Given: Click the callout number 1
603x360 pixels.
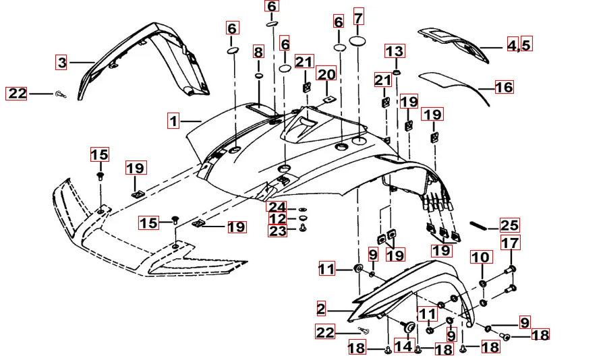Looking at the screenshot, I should [x=173, y=121].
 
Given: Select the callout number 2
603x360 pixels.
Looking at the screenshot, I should [x=321, y=309].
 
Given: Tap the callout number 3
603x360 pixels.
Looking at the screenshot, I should [x=62, y=63].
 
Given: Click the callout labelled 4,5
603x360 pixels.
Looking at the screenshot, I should [x=519, y=45].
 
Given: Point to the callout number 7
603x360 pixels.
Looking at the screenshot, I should [x=358, y=18].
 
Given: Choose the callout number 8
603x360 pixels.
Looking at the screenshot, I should [x=258, y=52].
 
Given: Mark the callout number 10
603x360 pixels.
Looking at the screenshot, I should [x=482, y=257].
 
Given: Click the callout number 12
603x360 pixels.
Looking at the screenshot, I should [x=278, y=219].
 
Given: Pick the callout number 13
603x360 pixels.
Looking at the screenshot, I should [x=395, y=51].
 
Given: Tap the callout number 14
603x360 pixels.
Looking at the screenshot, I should [x=403, y=347].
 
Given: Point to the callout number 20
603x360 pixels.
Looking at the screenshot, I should [x=326, y=74].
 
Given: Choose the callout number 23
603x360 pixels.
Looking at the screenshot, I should [x=278, y=231].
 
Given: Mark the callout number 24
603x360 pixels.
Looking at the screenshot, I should [x=278, y=206].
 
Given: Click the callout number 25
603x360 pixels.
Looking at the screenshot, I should [x=509, y=225].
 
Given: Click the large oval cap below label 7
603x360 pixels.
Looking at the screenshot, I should [x=358, y=41].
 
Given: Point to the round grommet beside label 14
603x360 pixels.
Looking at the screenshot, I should [x=408, y=326].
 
